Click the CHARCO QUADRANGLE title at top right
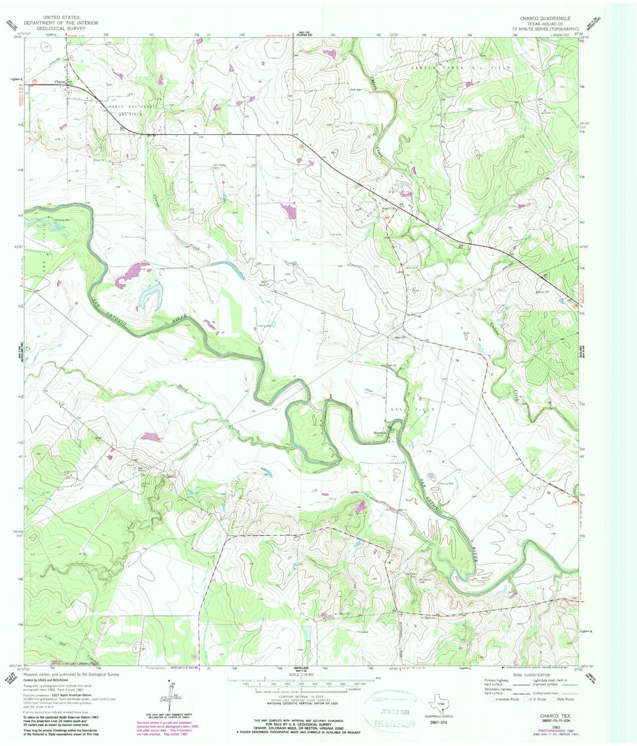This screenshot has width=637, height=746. pyautogui.click(x=545, y=19)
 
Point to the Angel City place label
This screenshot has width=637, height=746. pyautogui.click(x=388, y=209)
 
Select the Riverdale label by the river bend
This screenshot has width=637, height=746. pyautogui.click(x=380, y=433)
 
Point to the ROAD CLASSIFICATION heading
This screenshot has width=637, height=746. pyautogui.click(x=531, y=675)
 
